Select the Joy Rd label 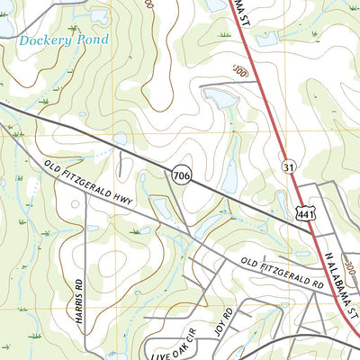tap(223, 320)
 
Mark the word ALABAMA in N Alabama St tap(339, 277)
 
